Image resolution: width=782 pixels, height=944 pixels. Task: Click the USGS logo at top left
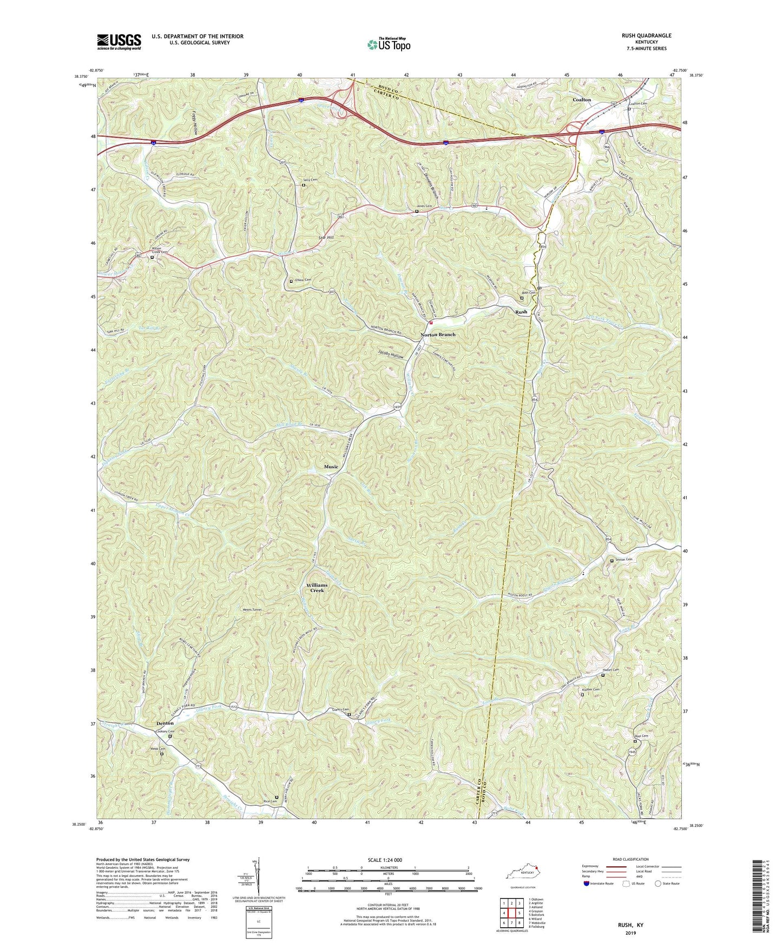coord(119,41)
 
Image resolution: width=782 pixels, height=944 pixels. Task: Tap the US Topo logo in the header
coord(388,44)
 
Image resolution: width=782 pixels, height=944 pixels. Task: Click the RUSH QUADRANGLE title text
coord(646,36)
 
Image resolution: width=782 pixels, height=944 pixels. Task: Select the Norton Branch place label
coord(438,335)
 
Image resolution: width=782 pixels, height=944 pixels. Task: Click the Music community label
coord(331,467)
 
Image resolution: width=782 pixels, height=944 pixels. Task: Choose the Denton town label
coord(165,723)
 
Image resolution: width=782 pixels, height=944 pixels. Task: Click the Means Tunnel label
coord(252,610)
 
